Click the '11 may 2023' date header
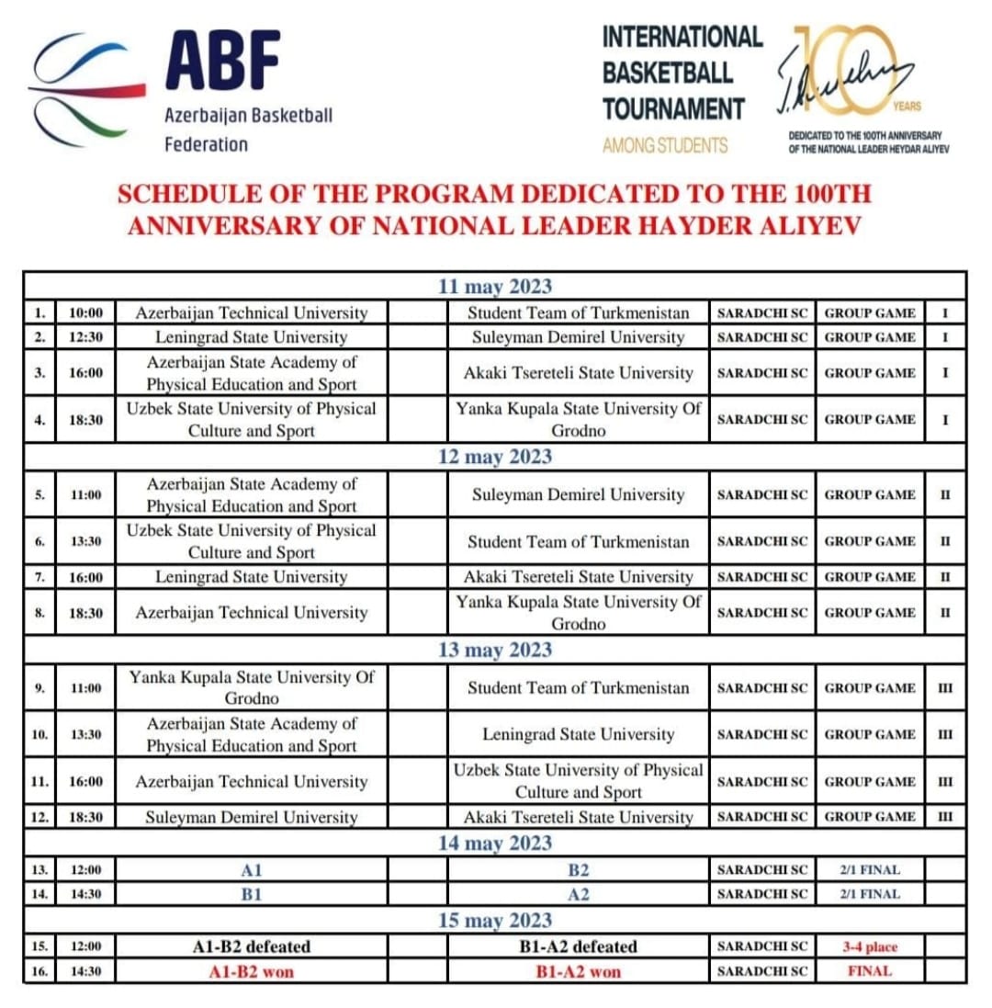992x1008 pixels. coord(494,287)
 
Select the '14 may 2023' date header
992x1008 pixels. coord(494,843)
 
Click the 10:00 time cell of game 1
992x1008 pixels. coord(85,313)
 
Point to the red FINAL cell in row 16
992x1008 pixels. coord(869,971)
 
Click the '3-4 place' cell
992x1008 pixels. coord(869,946)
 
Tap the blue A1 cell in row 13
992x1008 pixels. coord(251,868)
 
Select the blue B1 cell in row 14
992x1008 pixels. coord(251,893)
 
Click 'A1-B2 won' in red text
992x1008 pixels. coord(251,971)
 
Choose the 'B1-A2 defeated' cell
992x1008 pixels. coord(578,946)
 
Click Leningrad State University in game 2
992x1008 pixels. coord(251,337)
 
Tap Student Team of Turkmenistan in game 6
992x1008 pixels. coord(578,542)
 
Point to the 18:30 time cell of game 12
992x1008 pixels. coord(85,816)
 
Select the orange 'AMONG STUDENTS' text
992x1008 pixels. coord(665,145)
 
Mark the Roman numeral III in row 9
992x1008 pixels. coord(945,688)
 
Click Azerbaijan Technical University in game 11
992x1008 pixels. coord(251,782)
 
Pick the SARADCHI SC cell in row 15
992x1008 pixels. coord(761,946)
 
